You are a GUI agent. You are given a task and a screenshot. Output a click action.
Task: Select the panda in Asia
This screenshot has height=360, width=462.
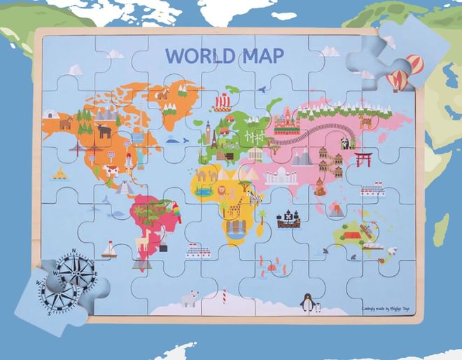[344, 144]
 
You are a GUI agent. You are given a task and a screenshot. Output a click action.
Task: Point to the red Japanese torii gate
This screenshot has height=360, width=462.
[363, 159]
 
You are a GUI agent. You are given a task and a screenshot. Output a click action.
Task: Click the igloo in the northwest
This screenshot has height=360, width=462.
[50, 113]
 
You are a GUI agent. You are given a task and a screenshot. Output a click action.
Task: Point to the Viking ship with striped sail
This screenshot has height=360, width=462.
[222, 103]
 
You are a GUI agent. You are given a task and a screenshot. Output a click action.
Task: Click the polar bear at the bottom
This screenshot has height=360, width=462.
[189, 299]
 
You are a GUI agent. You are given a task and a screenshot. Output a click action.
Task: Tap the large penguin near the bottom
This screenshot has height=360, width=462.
[306, 302]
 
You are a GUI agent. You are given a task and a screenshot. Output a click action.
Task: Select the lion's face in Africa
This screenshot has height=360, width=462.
[220, 189]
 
